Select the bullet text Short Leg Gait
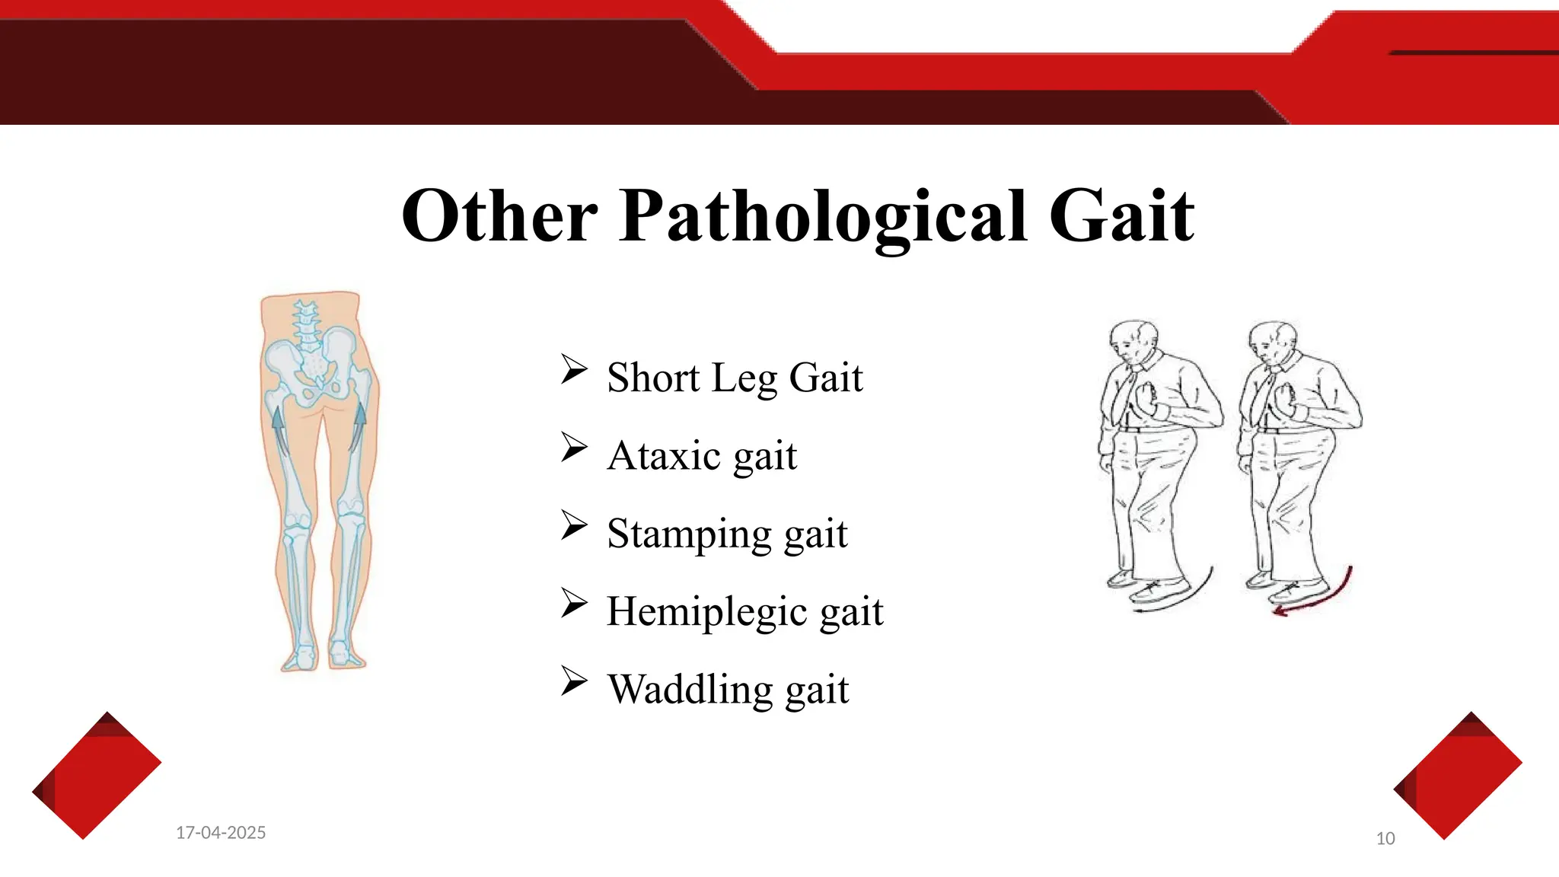point(735,378)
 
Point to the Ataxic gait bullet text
point(702,456)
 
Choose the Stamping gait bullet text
point(727,534)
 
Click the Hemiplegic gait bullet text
point(744,611)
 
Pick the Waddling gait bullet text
point(728,690)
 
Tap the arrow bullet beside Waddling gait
point(574,681)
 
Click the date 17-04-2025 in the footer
point(221,833)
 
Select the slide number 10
point(1385,839)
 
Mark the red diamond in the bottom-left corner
point(96,776)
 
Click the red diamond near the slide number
point(1457,776)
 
